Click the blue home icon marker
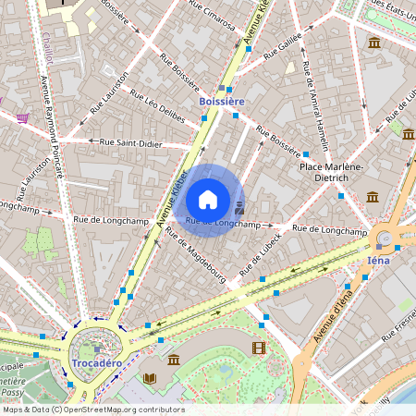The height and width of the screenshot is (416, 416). pyautogui.click(x=208, y=200)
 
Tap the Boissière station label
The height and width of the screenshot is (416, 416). pyautogui.click(x=222, y=100)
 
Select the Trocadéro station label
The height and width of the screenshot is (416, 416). pyautogui.click(x=96, y=363)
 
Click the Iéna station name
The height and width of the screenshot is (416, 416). pyautogui.click(x=379, y=260)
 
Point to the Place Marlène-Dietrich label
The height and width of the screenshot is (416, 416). pyautogui.click(x=330, y=172)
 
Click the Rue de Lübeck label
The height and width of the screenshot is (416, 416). pyautogui.click(x=260, y=256)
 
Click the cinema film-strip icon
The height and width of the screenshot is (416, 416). pyautogui.click(x=258, y=348)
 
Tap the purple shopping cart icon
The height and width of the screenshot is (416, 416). pyautogui.click(x=21, y=118)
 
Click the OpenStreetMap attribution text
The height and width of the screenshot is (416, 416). pyautogui.click(x=92, y=410)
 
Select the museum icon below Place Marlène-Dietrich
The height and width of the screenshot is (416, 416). pyautogui.click(x=372, y=197)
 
